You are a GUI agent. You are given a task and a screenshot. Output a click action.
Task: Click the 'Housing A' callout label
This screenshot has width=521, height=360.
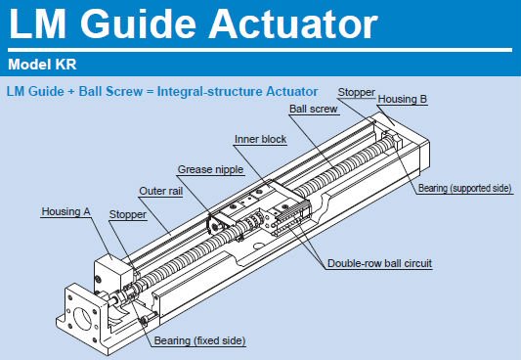(65, 211)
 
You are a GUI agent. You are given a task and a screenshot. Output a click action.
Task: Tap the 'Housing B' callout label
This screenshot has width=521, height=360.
(403, 99)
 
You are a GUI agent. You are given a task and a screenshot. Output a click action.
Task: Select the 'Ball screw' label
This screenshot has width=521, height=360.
(314, 109)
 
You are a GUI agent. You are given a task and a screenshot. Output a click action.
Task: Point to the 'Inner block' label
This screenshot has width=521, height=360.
(260, 139)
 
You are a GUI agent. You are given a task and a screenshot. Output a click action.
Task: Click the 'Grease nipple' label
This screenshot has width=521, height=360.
(211, 169)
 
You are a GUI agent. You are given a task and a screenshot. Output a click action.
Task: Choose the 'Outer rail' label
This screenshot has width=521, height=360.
(161, 191)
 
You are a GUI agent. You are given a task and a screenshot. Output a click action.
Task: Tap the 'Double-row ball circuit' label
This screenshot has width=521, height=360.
(379, 263)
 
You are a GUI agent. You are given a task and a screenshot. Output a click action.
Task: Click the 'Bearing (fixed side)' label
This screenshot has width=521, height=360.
(199, 340)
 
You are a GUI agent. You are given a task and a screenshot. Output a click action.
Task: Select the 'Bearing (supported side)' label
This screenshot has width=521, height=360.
(464, 188)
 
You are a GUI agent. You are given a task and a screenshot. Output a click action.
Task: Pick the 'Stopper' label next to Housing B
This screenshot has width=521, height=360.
(356, 92)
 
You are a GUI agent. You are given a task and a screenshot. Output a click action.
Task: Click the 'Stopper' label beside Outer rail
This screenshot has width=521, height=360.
(128, 214)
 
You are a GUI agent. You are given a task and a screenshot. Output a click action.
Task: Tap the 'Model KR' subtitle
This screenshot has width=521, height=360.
(42, 65)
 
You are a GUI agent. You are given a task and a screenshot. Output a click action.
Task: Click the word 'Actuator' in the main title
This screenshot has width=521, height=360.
(293, 23)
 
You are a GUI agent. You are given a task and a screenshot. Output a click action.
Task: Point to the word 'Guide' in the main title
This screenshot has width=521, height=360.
(138, 23)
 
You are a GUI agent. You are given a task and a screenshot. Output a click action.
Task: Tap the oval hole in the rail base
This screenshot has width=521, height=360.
(259, 247)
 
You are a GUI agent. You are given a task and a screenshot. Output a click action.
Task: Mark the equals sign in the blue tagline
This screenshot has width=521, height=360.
(150, 92)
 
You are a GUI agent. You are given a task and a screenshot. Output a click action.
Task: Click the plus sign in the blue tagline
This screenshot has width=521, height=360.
(71, 92)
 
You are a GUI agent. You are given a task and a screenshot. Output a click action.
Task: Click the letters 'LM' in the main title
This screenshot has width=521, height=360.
(37, 23)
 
